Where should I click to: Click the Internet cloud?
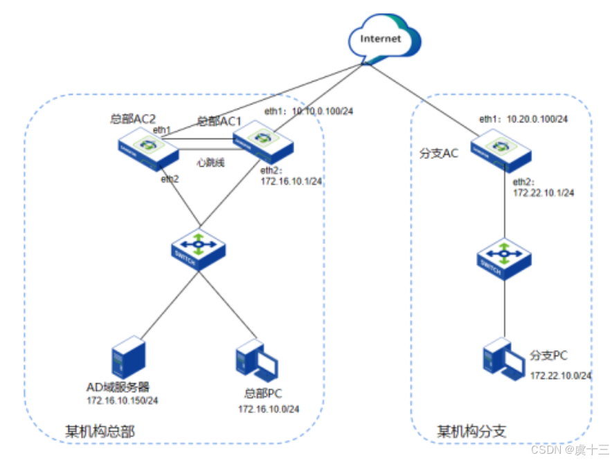pyautogui.click(x=380, y=40)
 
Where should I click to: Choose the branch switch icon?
pyautogui.click(x=505, y=260)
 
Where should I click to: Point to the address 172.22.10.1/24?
pyautogui.click(x=543, y=193)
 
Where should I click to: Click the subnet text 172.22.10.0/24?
pyautogui.click(x=561, y=375)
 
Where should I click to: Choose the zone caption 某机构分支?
pyautogui.click(x=471, y=432)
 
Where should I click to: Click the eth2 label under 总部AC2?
pyautogui.click(x=170, y=179)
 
